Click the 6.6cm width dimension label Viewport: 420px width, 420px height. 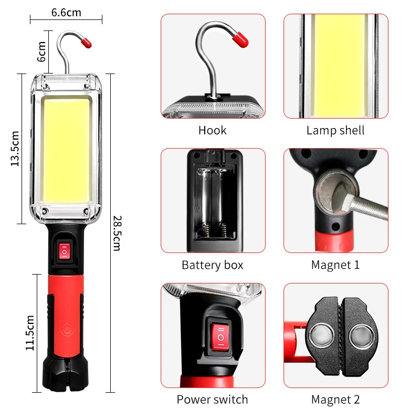pos(66,12)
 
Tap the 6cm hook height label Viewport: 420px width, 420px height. pos(43,51)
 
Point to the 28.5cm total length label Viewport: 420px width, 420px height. pos(117,233)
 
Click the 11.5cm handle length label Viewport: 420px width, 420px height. pos(30,333)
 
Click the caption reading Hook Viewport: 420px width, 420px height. pos(212,131)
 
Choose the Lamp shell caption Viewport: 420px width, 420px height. pos(335,131)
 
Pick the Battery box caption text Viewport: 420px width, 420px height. pos(212,265)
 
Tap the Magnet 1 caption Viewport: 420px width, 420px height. pos(335,265)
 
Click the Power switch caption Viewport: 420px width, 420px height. pos(212,400)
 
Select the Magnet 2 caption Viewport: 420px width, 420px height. pos(335,400)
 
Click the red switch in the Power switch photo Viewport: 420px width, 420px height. pos(220,337)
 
